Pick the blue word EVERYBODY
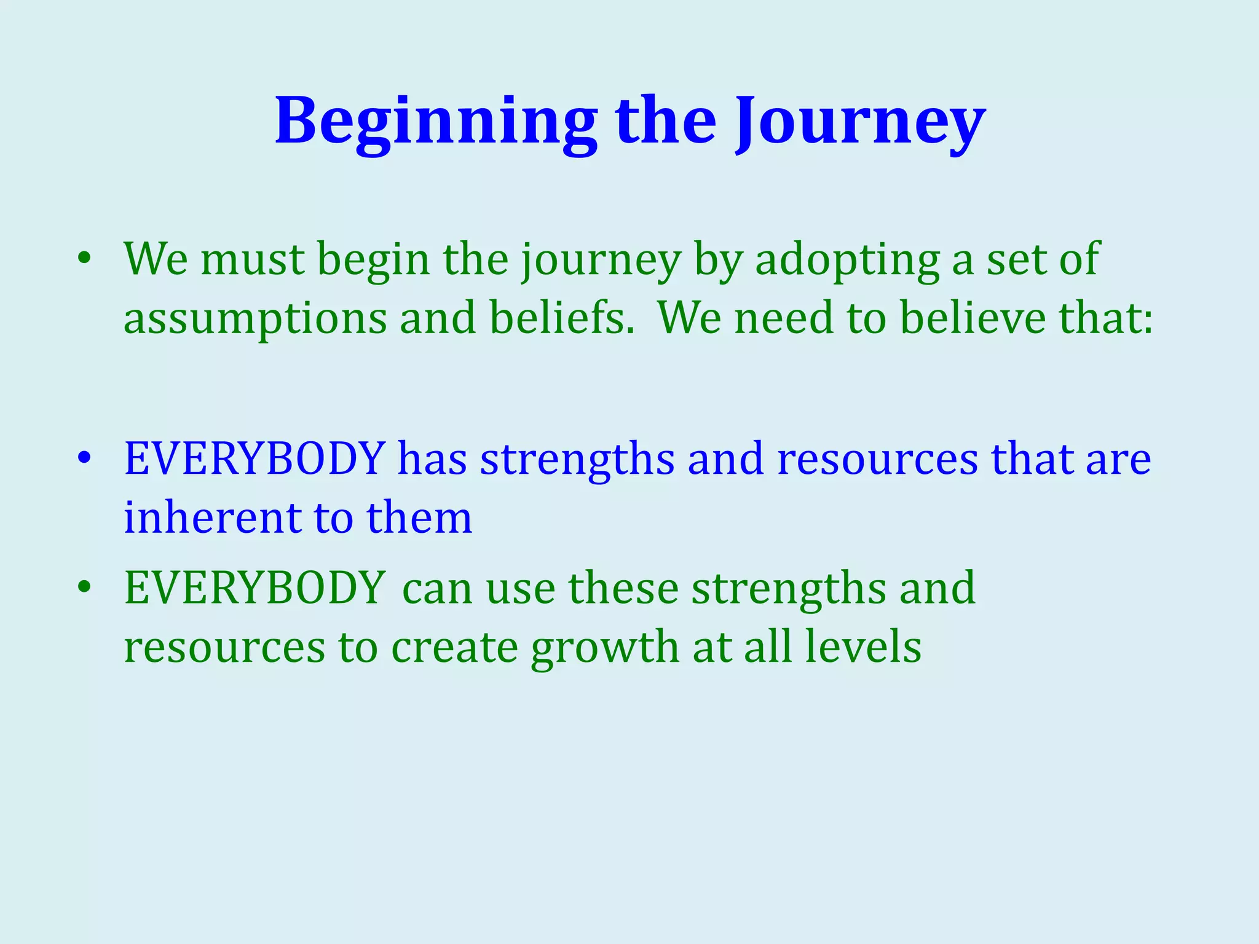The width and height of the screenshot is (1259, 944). tap(255, 458)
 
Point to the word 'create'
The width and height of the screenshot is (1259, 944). tap(454, 647)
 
